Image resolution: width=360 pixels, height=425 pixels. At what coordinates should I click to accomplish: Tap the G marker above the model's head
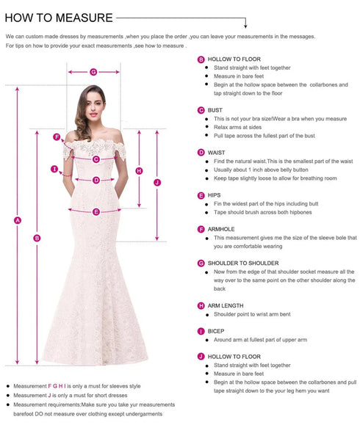click(x=93, y=72)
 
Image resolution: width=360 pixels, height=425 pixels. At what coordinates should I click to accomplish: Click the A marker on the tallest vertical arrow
click(x=18, y=220)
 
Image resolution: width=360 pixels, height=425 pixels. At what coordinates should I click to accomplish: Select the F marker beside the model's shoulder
click(x=57, y=137)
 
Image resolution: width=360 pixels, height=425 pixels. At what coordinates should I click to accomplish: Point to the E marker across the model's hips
click(x=96, y=211)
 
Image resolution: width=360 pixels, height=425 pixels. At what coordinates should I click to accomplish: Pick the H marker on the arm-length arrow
click(x=139, y=171)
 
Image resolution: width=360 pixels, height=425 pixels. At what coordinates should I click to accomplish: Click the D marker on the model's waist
click(x=96, y=179)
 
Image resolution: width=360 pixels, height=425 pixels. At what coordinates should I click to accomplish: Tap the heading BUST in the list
click(x=215, y=110)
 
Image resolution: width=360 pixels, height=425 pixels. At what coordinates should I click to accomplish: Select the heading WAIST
click(x=216, y=153)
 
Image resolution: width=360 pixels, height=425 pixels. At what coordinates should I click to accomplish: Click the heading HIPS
click(x=215, y=195)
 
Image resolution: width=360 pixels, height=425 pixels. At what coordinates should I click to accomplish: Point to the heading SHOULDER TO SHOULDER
click(x=243, y=263)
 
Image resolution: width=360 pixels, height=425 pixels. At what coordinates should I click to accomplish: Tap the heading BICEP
click(x=216, y=331)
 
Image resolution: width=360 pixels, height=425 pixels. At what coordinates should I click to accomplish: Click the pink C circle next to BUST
click(x=201, y=110)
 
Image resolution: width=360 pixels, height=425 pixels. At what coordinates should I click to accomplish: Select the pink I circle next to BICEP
click(x=201, y=331)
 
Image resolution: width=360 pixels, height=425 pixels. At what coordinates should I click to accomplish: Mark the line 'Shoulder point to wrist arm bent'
click(x=252, y=314)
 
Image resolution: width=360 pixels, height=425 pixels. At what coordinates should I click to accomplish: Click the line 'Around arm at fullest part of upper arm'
click(x=260, y=340)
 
